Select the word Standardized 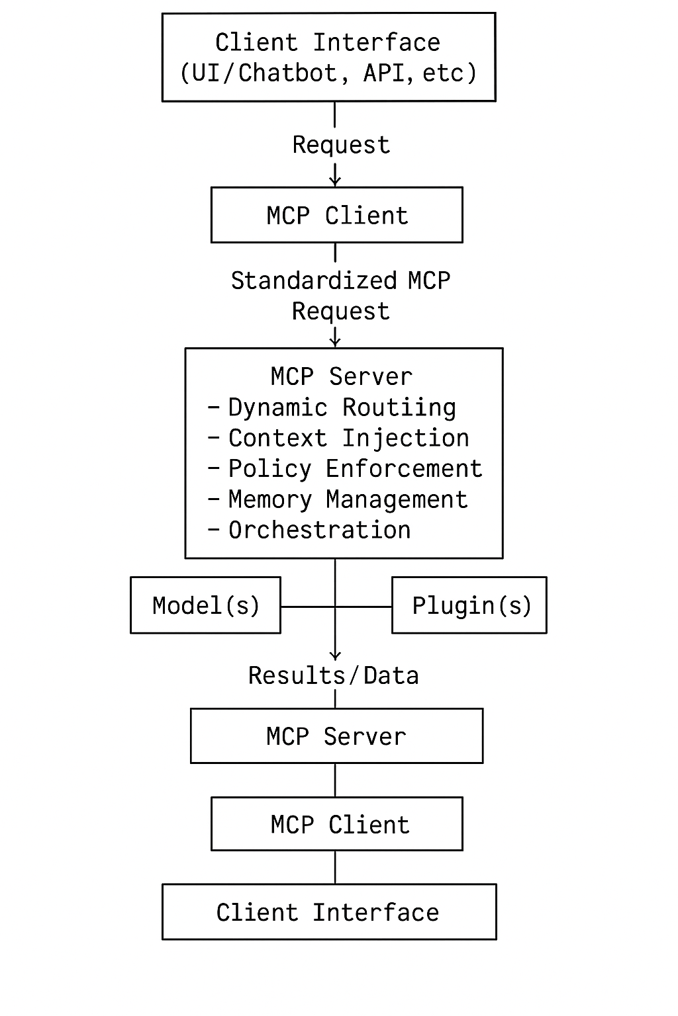(x=313, y=280)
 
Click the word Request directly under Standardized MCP (x=340, y=311)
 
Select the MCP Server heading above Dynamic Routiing (x=341, y=376)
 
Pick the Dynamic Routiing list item (x=342, y=407)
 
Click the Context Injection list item (x=348, y=438)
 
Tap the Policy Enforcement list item (x=355, y=468)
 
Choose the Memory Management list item (x=348, y=499)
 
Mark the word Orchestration (x=319, y=530)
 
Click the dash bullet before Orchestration (x=213, y=530)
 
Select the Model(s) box (x=205, y=605)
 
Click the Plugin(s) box (x=469, y=605)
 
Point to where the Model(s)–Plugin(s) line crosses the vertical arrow (x=335, y=606)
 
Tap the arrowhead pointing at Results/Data (x=335, y=655)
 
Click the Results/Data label (x=333, y=675)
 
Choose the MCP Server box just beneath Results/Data (x=336, y=736)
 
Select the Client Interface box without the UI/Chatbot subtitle (x=329, y=912)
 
